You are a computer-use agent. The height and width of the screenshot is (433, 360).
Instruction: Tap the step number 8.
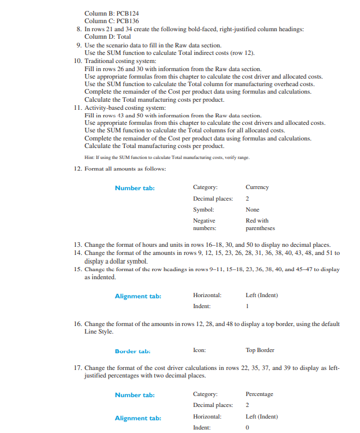coord(79,29)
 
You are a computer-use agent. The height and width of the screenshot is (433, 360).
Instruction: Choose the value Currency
coord(257,187)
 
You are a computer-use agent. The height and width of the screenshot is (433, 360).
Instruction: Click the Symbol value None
coord(253,209)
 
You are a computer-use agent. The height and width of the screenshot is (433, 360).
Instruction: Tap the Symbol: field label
coord(203,209)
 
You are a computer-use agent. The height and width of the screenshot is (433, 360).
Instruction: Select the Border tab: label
coord(132,350)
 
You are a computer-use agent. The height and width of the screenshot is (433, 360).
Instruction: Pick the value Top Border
coord(260,350)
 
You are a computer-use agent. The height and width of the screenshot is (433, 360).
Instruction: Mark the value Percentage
coord(259,394)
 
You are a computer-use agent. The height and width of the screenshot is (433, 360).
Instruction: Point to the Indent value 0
coord(247,427)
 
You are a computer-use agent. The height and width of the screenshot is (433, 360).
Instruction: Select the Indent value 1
coord(247,306)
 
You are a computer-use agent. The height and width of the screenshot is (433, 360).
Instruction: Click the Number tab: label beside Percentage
coord(134,395)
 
